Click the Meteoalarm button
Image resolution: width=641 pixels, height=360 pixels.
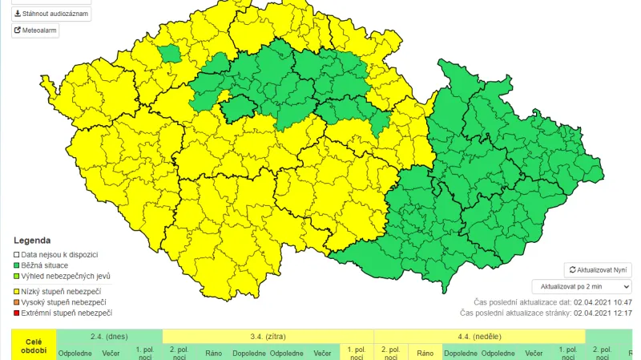35,30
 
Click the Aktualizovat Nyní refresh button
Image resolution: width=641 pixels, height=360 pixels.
598,270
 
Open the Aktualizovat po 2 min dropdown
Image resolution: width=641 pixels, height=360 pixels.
582,286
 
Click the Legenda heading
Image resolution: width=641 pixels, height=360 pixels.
32,241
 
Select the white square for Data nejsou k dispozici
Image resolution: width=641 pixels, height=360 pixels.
16,254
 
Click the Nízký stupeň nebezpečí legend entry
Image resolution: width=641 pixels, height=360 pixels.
60,290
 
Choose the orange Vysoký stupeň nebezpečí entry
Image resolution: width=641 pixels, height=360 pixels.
16,301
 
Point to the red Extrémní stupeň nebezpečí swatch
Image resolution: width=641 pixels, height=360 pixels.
16,313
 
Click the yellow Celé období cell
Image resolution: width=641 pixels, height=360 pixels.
34,346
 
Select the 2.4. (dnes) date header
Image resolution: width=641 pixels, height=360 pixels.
109,336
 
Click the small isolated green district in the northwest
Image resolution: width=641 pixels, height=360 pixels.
169,54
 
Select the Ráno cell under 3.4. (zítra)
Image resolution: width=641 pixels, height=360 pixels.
214,353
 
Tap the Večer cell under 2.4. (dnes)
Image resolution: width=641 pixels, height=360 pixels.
111,353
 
